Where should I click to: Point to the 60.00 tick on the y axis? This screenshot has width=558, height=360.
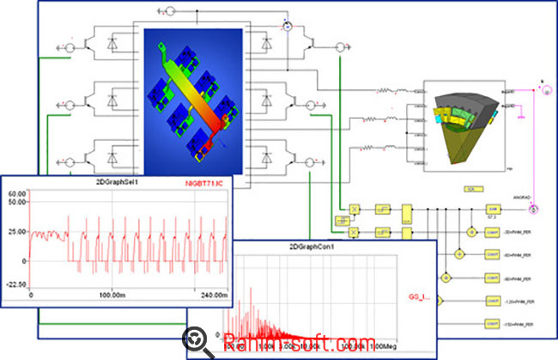click(x=18, y=194)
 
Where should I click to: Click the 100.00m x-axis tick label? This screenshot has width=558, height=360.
click(x=114, y=296)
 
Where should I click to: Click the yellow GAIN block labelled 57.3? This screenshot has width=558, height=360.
click(x=493, y=209)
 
